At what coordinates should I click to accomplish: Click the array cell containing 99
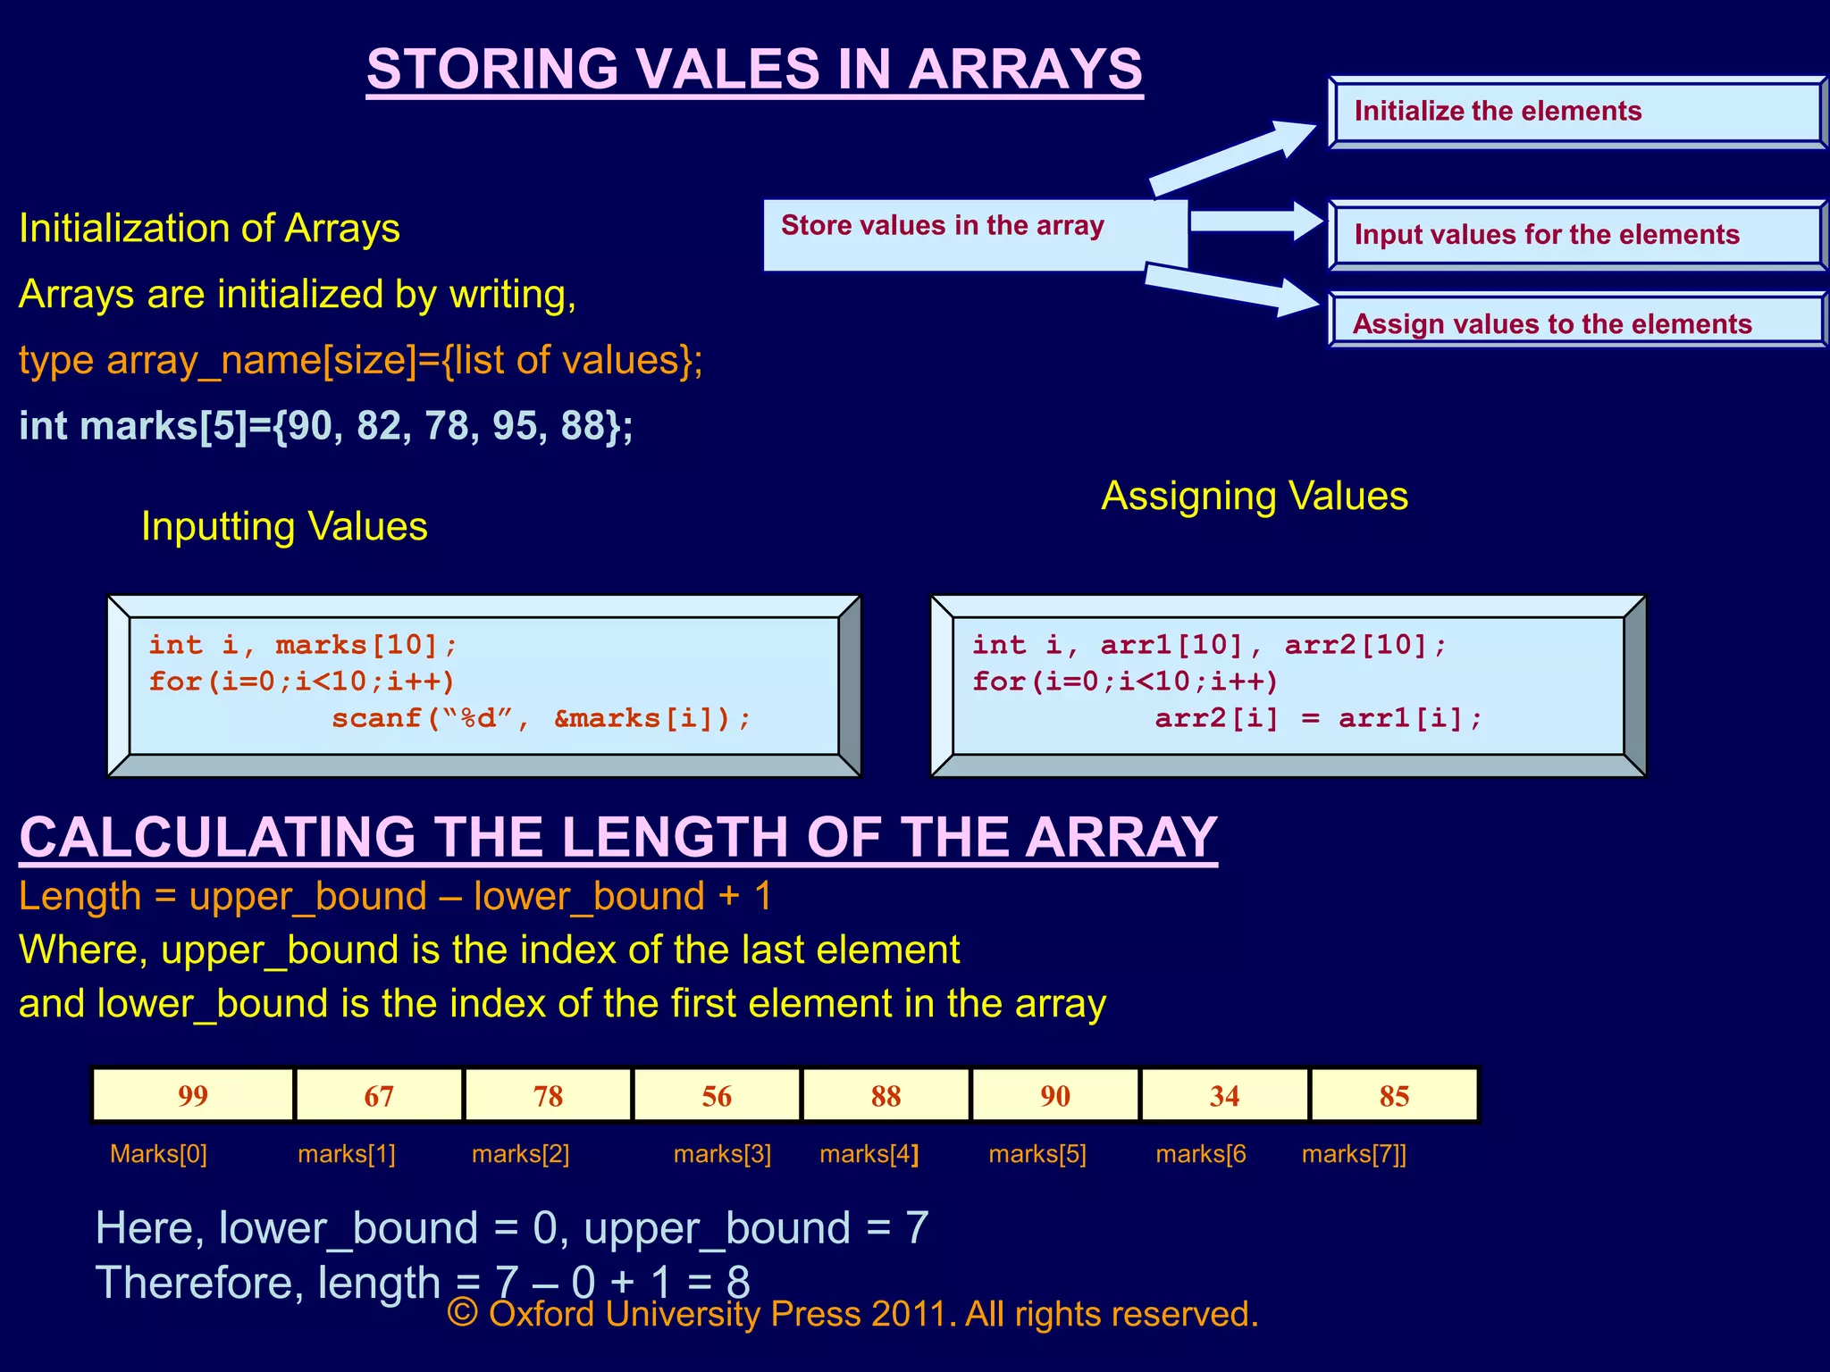[x=193, y=1095]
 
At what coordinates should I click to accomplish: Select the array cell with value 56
[x=717, y=1095]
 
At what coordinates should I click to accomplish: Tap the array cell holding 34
[x=1224, y=1095]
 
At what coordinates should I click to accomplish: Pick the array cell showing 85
[x=1394, y=1095]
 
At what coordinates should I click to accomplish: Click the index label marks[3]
[x=722, y=1154]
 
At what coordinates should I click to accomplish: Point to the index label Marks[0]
[x=158, y=1154]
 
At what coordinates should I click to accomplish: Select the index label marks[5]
[x=1037, y=1154]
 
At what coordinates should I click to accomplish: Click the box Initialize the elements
[x=1576, y=112]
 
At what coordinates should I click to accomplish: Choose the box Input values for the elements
[x=1576, y=235]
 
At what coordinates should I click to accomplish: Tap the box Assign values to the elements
[x=1576, y=322]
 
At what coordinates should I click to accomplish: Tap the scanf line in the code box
[x=541, y=718]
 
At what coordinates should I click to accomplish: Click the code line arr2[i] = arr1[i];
[x=1318, y=718]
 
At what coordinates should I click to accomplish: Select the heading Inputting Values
[x=284, y=526]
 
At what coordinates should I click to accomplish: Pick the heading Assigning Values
[x=1254, y=496]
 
